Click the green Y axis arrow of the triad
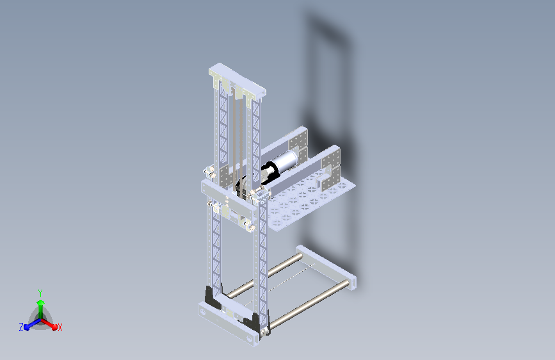pos(40,307)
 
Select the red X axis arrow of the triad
pos(49,324)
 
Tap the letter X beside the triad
pos(60,327)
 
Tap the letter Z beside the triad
pos(21,327)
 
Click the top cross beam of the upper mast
pos(237,79)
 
